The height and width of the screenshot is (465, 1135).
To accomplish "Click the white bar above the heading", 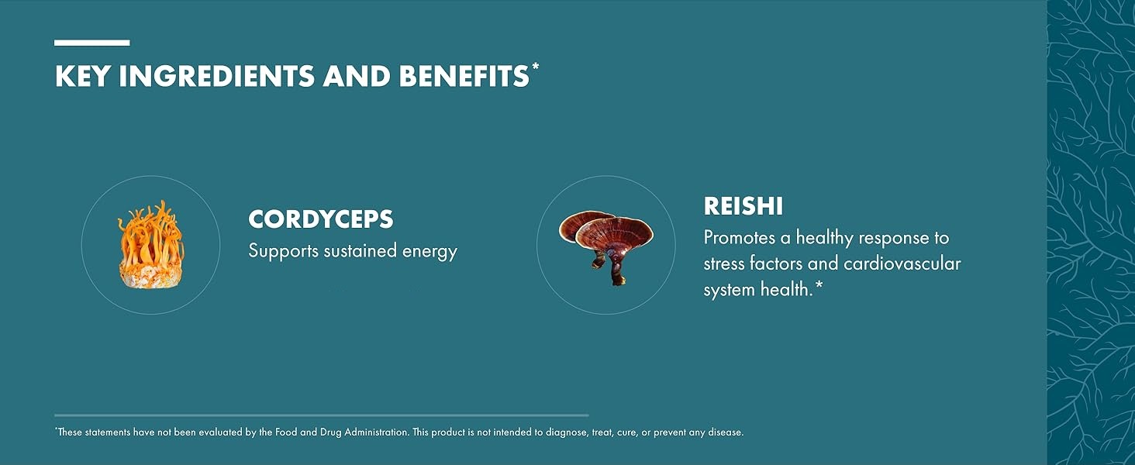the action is tap(91, 43).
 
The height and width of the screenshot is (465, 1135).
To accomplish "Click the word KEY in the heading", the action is tap(83, 76).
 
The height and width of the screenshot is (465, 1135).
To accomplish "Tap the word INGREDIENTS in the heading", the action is tap(217, 76).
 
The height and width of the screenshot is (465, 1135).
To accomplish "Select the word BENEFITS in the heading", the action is tap(464, 76).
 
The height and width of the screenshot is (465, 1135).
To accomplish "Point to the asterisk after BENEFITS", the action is tap(535, 67).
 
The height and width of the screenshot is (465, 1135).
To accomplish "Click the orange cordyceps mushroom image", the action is tap(151, 245).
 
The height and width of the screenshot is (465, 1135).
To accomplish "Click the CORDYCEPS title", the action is tap(321, 219).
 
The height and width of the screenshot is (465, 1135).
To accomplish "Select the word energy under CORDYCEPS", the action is tap(430, 252).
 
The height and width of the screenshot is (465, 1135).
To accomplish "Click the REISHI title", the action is tap(743, 206).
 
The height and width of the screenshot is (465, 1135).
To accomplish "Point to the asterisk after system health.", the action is tap(819, 287).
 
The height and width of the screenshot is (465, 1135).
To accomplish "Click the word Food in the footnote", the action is tap(285, 432).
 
